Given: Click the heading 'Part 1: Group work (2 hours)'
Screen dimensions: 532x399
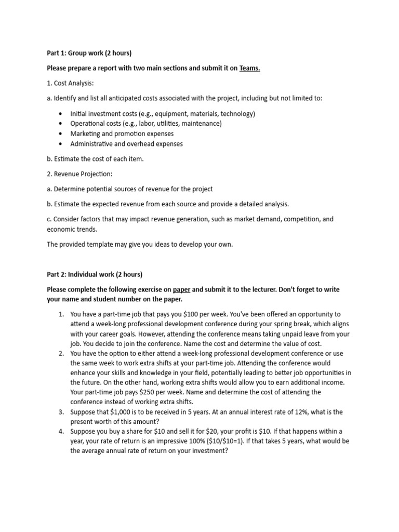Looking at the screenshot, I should tap(89, 53).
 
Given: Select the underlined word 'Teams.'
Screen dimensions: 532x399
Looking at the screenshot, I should tap(249, 68).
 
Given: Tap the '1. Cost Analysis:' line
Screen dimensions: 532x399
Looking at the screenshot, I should tap(70, 83).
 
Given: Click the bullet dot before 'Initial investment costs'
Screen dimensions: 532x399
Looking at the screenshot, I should tap(62, 114).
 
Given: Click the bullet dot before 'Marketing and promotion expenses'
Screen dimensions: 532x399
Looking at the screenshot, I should tap(62, 134).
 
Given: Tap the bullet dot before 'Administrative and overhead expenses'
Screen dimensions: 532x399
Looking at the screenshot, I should tap(62, 144).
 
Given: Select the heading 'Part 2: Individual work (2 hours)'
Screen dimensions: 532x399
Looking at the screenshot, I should tap(95, 274).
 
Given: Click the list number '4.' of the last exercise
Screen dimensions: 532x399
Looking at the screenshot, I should tap(61, 432).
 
